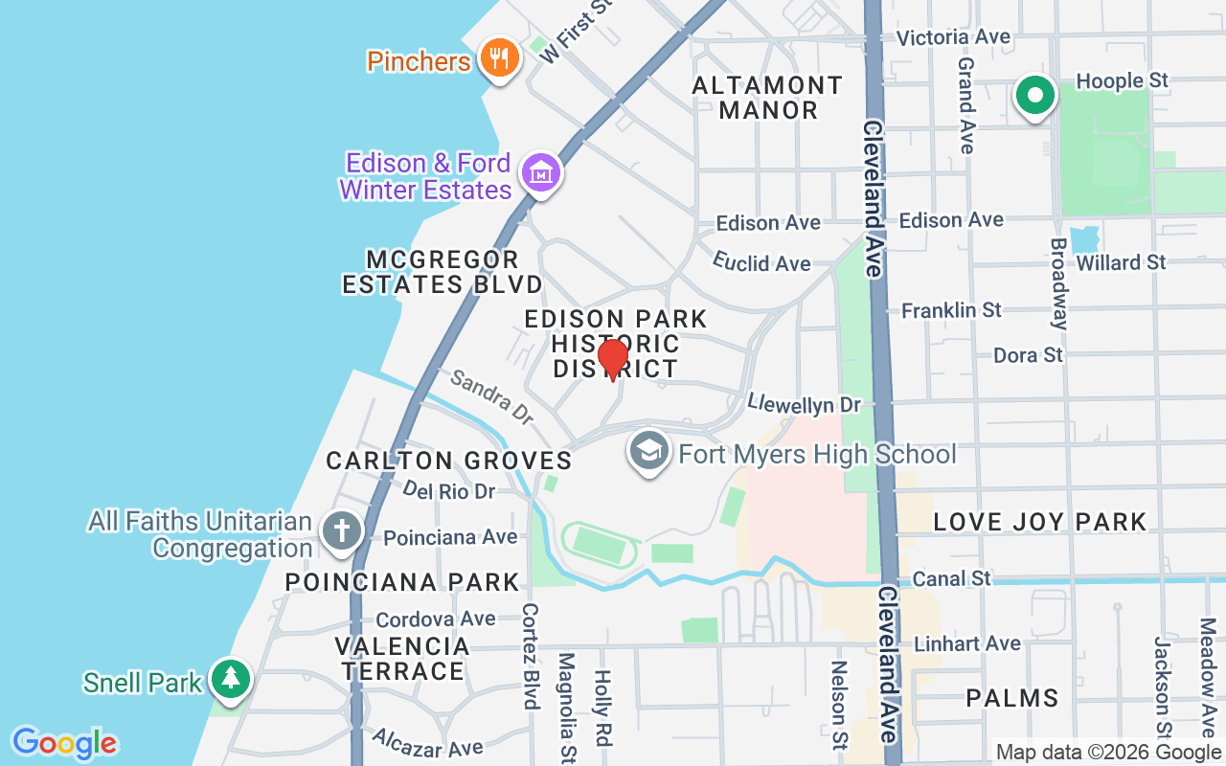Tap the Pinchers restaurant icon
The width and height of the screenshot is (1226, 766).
click(x=498, y=58)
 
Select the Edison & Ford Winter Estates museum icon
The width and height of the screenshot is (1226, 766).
click(x=540, y=173)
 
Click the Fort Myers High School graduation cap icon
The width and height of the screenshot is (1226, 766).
click(x=649, y=452)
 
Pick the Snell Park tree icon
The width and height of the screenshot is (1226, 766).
click(x=230, y=679)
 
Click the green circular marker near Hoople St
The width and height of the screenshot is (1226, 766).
click(x=1034, y=96)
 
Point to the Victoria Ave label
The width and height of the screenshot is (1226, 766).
click(x=953, y=37)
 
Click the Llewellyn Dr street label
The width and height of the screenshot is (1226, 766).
click(x=805, y=404)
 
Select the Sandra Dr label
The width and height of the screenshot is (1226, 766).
click(x=491, y=397)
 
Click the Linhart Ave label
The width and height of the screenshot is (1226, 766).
click(x=967, y=643)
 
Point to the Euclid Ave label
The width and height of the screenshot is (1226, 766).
click(x=761, y=261)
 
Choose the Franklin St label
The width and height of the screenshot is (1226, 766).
click(x=951, y=309)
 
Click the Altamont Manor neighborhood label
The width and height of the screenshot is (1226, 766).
click(x=767, y=98)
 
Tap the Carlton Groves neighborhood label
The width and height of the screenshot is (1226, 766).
click(x=449, y=461)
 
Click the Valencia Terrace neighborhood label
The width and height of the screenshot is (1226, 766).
click(x=402, y=659)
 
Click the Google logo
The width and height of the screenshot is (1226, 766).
click(x=64, y=742)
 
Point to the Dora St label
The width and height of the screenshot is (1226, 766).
click(x=1028, y=354)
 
